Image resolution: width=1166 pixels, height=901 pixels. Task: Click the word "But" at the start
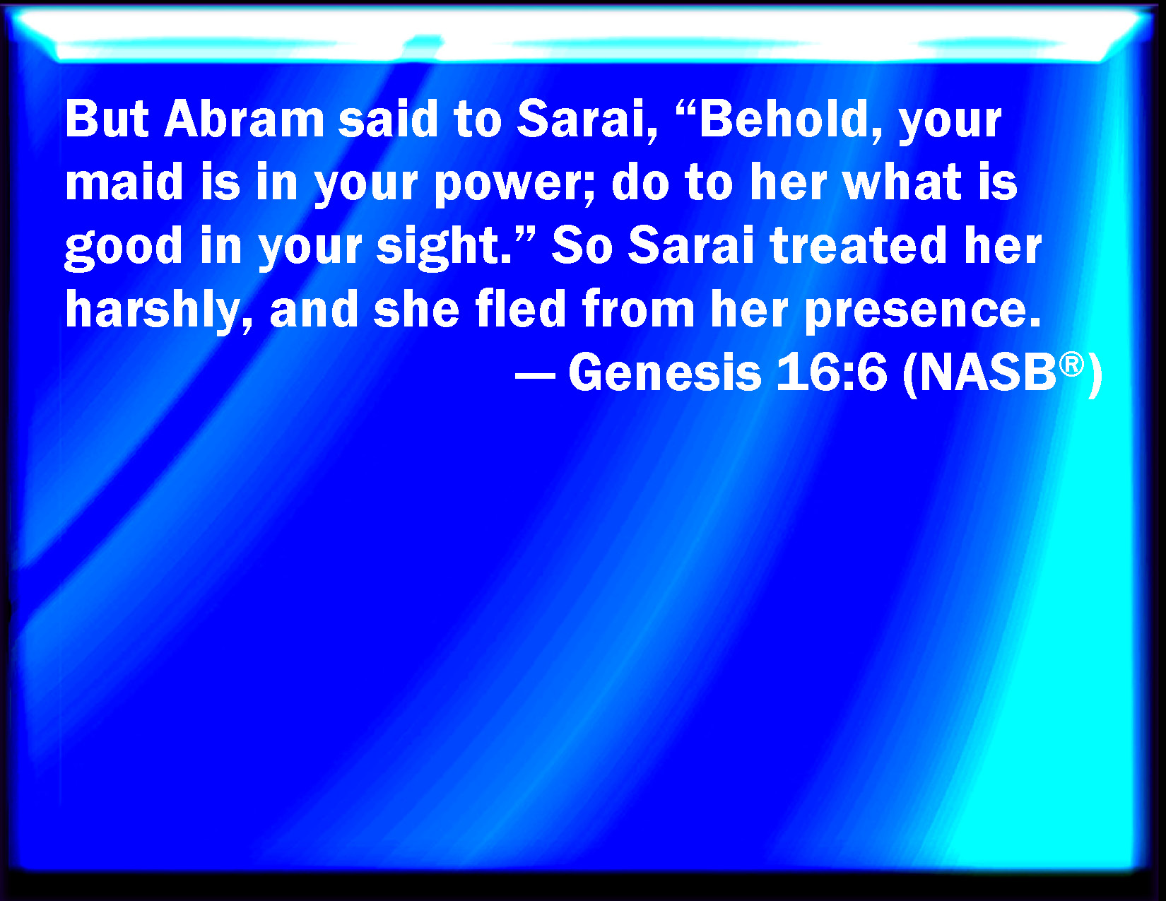click(107, 119)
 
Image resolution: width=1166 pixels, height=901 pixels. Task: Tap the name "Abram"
click(244, 119)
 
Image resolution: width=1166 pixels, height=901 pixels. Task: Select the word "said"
click(389, 119)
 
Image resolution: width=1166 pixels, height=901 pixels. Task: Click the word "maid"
click(124, 182)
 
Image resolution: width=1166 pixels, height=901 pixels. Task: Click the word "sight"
click(437, 247)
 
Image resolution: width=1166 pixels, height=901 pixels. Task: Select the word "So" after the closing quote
click(582, 245)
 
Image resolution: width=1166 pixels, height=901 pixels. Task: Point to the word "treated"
click(858, 245)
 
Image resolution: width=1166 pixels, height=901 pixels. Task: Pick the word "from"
click(638, 308)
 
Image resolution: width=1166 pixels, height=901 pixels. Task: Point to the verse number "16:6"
click(831, 372)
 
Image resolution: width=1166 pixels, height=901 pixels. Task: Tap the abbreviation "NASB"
click(988, 372)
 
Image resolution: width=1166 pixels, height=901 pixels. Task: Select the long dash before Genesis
click(535, 374)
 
